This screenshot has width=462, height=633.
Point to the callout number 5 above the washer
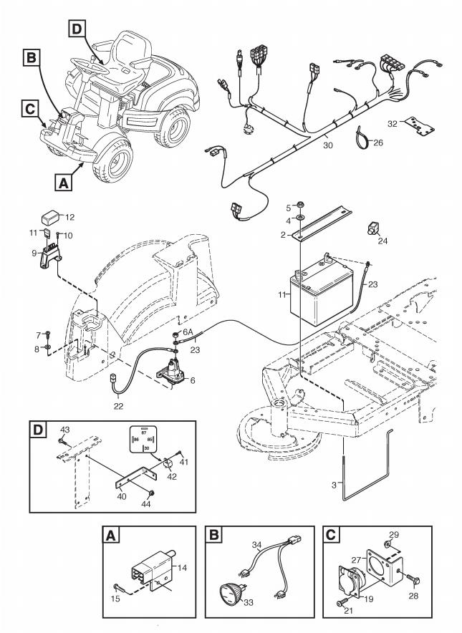(x=289, y=208)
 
